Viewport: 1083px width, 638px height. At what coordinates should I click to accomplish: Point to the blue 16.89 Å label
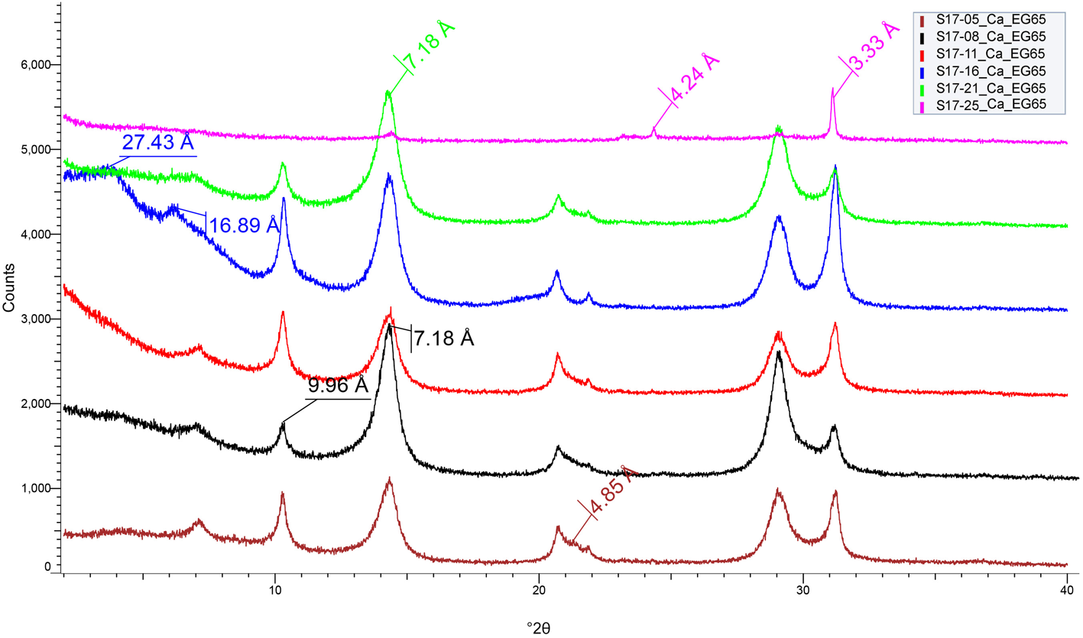(x=244, y=226)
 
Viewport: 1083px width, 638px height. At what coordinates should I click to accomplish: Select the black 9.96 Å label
(x=339, y=385)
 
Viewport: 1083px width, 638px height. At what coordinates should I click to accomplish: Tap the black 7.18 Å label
(x=445, y=337)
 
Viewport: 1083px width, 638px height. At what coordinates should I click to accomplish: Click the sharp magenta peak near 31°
(x=832, y=89)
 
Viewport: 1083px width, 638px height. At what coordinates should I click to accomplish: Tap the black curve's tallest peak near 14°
(x=389, y=325)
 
